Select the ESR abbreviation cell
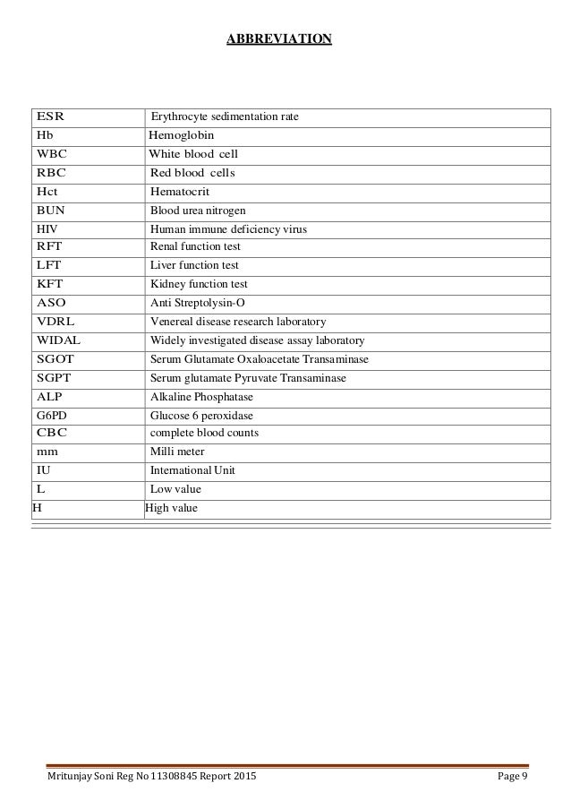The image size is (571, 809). (x=50, y=117)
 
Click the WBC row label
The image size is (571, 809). (x=51, y=154)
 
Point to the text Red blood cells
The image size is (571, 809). (x=192, y=173)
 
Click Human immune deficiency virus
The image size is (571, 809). (x=228, y=229)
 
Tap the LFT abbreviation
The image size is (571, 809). (x=49, y=265)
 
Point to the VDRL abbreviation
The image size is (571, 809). (x=55, y=322)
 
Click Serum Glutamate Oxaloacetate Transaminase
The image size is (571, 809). (x=259, y=359)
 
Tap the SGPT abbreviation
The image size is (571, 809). (x=54, y=377)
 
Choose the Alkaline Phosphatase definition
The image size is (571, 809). (x=201, y=397)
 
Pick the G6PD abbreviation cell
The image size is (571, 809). (x=52, y=416)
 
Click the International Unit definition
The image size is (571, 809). (x=193, y=469)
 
